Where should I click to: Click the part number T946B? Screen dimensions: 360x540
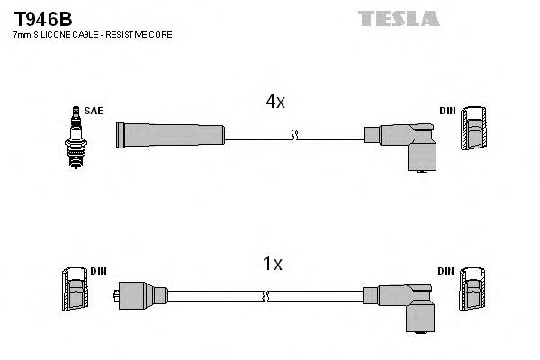coord(42,18)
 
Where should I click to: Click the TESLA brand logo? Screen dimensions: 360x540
coord(398,18)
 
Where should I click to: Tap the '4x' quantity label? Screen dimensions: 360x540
coord(275,103)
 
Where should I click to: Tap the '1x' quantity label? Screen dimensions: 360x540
coord(272,264)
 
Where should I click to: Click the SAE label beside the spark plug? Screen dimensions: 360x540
coord(94,111)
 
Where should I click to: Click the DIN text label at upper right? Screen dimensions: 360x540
coord(447,111)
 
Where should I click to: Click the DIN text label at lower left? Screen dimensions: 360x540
coord(98,271)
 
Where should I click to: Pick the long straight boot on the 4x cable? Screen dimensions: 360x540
coord(170,134)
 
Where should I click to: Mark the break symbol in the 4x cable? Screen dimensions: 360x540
coord(295,135)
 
